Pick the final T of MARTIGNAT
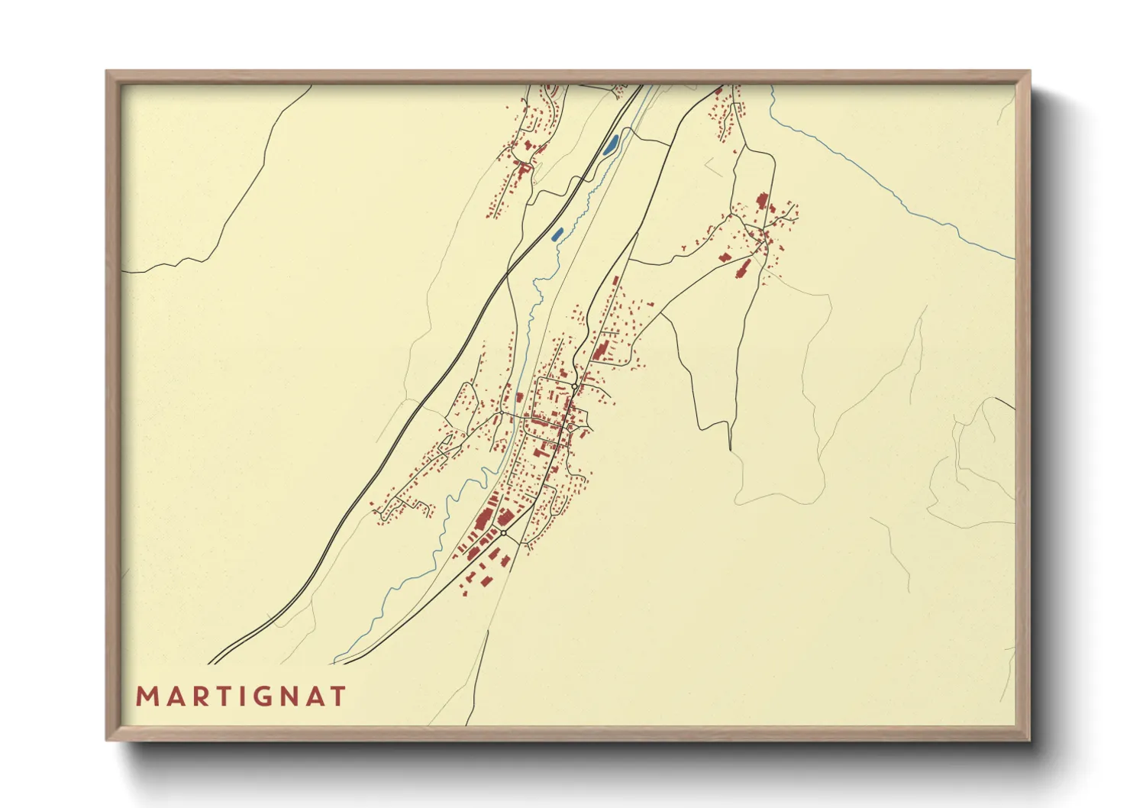[x=339, y=696]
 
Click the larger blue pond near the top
[x=611, y=144]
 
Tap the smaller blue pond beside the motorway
[x=557, y=234]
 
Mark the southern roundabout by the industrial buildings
[x=503, y=532]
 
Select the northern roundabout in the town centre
[x=574, y=387]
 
